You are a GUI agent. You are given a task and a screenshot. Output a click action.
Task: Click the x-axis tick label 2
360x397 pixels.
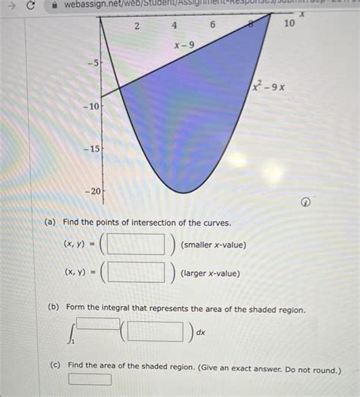point(137,27)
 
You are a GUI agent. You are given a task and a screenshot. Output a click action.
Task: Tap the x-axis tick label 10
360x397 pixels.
point(289,24)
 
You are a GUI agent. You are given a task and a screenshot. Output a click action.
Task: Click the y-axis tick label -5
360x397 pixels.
point(92,64)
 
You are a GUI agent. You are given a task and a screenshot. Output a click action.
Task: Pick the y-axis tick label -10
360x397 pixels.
point(89,107)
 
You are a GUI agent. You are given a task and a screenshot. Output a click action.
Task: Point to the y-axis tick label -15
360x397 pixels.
point(89,149)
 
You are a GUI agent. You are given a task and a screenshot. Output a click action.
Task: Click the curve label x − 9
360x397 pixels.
point(184,46)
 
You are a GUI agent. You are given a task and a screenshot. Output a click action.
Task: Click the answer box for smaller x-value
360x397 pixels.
point(137,244)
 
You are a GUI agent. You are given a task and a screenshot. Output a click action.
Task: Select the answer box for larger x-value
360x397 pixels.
point(137,272)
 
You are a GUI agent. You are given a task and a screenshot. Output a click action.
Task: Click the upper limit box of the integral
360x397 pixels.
point(98,323)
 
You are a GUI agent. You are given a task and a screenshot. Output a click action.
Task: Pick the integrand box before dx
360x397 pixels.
point(156,332)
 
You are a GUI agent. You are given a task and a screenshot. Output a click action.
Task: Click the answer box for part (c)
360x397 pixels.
point(90,380)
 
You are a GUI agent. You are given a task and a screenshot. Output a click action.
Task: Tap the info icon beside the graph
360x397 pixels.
point(305,203)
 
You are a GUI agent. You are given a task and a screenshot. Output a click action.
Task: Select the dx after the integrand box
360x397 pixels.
point(201,332)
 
